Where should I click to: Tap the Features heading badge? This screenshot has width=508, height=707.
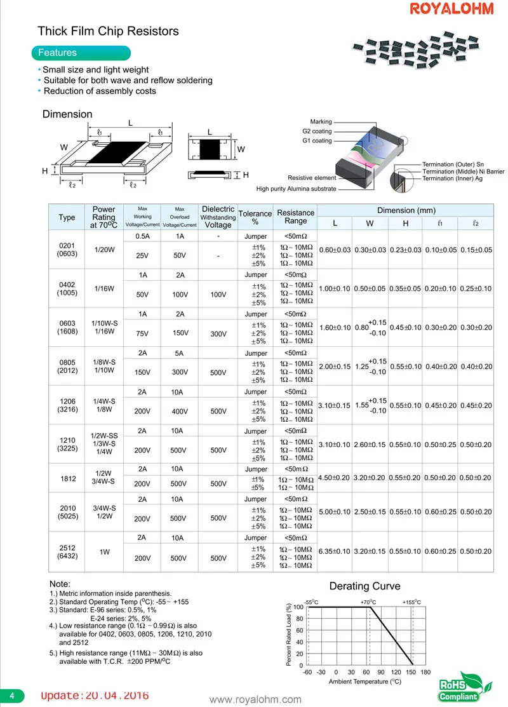[x=81, y=53]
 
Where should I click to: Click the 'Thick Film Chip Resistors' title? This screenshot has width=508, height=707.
[x=109, y=31]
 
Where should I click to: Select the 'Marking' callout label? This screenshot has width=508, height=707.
[x=321, y=121]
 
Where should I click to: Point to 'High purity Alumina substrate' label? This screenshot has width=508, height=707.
[x=296, y=189]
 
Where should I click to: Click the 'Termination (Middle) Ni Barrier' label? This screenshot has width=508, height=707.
[x=464, y=172]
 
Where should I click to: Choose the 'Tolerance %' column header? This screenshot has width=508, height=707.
[x=255, y=218]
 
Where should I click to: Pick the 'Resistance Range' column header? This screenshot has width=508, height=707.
[x=296, y=217]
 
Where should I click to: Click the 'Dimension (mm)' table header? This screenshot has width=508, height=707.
[x=406, y=210]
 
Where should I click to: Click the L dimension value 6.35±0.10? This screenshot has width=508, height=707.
[x=335, y=551]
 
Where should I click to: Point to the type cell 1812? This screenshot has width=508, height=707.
[x=67, y=478]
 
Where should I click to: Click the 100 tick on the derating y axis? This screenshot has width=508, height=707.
[x=298, y=608]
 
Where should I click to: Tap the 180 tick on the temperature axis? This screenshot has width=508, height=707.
[x=425, y=672]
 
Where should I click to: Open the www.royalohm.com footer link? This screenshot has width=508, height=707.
[x=255, y=700]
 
